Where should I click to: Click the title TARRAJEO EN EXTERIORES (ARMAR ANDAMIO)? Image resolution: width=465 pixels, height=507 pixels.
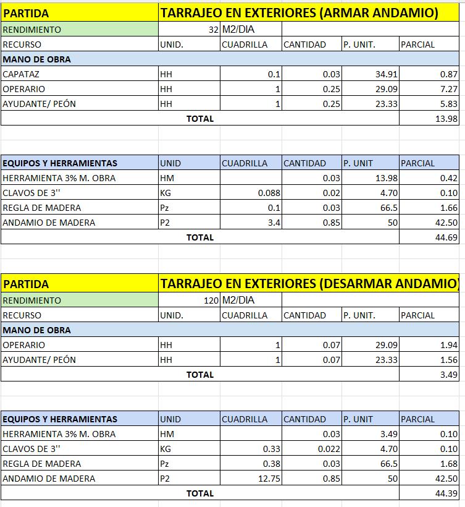(299, 13)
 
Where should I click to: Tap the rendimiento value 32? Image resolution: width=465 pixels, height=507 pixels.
(213, 30)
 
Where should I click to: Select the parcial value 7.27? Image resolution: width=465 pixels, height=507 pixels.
(448, 89)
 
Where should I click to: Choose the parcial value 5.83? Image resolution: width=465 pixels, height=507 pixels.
(448, 104)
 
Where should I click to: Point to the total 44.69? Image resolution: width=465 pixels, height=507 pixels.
(446, 237)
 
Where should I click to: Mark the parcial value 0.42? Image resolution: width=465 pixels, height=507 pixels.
(448, 178)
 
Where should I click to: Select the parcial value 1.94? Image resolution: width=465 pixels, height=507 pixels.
(450, 345)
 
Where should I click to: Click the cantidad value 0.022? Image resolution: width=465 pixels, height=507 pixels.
(329, 449)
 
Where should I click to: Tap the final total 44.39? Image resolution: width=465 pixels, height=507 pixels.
(446, 493)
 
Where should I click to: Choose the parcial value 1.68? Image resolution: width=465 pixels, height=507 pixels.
(448, 464)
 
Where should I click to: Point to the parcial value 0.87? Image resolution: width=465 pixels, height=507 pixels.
(448, 74)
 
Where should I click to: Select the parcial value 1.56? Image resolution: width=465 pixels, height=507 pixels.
(450, 360)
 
